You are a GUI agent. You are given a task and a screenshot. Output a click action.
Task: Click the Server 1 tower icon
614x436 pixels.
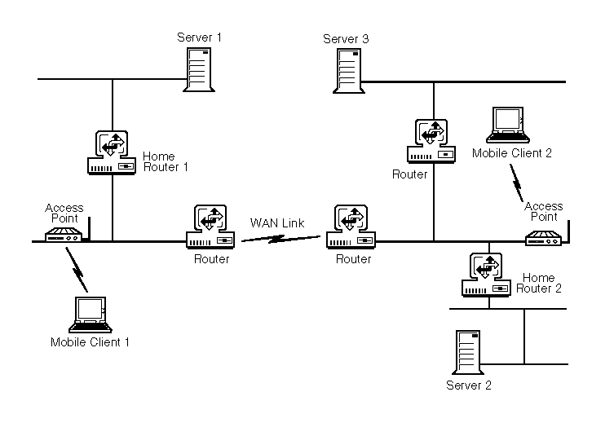pos(199,68)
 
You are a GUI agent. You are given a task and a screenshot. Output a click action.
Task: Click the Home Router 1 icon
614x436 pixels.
pos(112,152)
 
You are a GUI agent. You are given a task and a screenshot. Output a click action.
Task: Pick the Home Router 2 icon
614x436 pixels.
pos(487,275)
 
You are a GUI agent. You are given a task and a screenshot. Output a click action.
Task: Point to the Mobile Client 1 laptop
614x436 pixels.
pos(89,315)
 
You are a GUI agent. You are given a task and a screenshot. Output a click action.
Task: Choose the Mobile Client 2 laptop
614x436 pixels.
pos(509,125)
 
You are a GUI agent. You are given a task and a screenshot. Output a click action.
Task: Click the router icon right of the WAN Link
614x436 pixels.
pos(351,227)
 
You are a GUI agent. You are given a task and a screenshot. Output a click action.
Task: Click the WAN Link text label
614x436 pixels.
pos(277,222)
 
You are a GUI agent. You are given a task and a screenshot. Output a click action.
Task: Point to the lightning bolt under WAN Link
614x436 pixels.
pos(281,238)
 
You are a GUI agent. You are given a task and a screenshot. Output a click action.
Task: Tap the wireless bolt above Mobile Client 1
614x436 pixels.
pos(77,266)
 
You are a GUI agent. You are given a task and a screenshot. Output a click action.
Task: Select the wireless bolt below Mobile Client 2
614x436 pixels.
pos(517,186)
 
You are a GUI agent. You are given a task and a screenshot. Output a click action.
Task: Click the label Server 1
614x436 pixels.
pos(199,37)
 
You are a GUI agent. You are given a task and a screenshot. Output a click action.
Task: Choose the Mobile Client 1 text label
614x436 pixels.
pos(90,342)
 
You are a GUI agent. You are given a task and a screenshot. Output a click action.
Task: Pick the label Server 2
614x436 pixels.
pos(469,385)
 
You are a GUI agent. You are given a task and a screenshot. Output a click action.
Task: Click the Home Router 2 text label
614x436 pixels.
pos(539,283)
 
